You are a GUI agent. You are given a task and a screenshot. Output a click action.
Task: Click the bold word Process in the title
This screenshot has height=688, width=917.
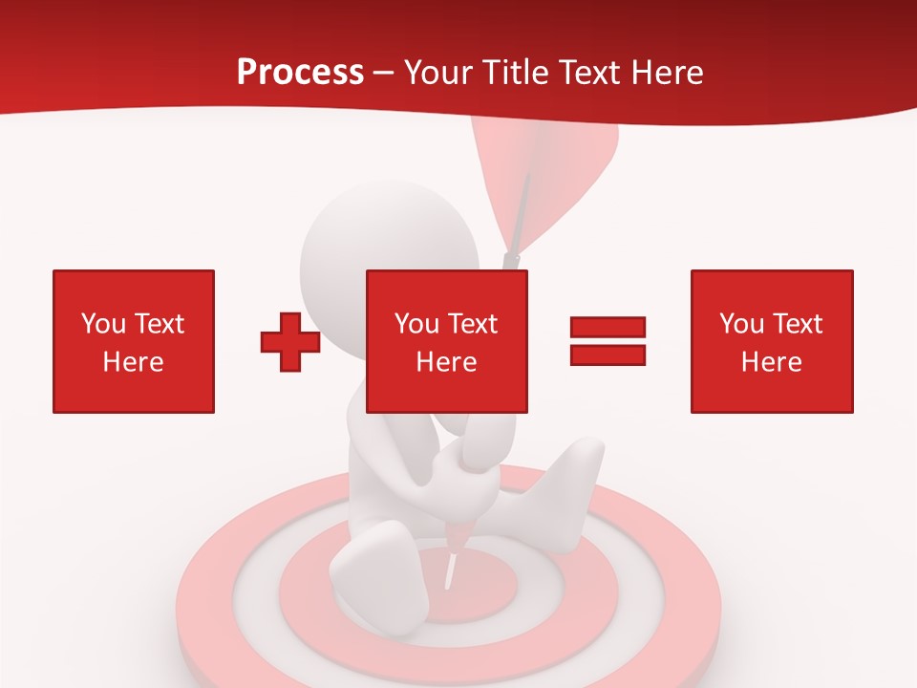(300, 73)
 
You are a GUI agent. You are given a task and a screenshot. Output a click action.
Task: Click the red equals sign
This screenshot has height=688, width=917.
(608, 341)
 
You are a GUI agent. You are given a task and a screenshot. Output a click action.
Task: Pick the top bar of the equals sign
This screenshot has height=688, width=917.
(608, 328)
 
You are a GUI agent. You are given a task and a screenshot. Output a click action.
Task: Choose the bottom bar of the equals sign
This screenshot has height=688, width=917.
(608, 355)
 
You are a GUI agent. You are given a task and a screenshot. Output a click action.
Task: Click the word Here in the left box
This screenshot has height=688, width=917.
(134, 362)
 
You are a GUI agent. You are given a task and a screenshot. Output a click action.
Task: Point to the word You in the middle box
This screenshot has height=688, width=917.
(416, 324)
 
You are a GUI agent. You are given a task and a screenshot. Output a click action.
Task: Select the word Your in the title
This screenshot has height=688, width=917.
(437, 73)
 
